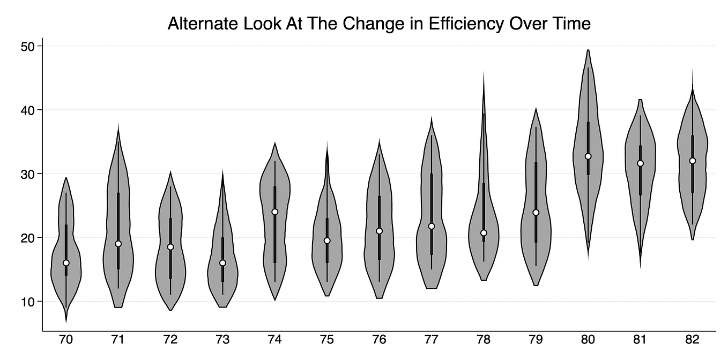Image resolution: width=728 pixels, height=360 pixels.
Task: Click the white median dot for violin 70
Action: pyautogui.click(x=66, y=263)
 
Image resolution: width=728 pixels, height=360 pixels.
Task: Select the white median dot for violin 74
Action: pyautogui.click(x=275, y=212)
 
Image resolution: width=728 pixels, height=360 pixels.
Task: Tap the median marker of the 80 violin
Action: pyautogui.click(x=588, y=156)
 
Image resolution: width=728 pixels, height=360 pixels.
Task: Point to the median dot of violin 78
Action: pyautogui.click(x=484, y=232)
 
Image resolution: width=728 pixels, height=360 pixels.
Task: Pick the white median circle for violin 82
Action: pyautogui.click(x=692, y=161)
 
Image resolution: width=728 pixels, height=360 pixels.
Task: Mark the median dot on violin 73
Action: pyautogui.click(x=222, y=263)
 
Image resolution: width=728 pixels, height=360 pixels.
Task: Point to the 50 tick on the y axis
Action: pyautogui.click(x=28, y=46)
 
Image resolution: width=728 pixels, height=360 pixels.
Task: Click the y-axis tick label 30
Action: pyautogui.click(x=28, y=174)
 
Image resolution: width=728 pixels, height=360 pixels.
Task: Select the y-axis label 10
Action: pyautogui.click(x=28, y=301)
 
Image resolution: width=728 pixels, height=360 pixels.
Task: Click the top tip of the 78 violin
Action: pyautogui.click(x=484, y=72)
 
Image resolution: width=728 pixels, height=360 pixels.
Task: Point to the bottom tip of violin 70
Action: pyautogui.click(x=66, y=321)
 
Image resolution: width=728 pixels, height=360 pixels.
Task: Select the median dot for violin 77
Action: pyautogui.click(x=432, y=226)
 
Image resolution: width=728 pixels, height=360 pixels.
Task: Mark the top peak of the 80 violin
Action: pyautogui.click(x=588, y=50)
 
